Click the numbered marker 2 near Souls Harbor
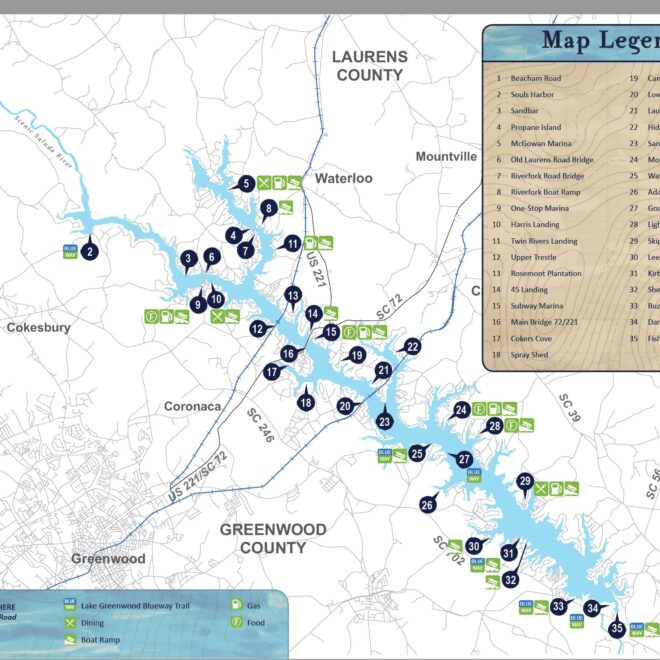89,252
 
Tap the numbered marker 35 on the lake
617,628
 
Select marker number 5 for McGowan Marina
245,183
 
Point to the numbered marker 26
427,505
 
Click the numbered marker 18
306,402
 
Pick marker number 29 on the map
524,482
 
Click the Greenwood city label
107,558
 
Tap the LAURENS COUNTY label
369,66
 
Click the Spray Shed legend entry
531,354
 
